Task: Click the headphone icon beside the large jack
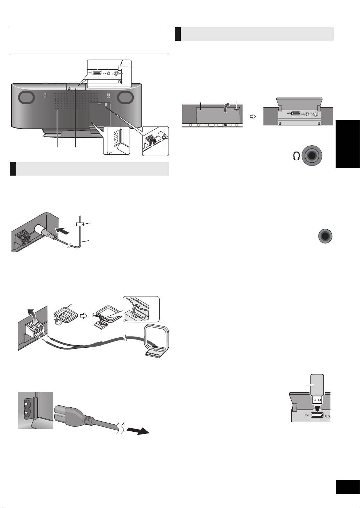pyautogui.click(x=297, y=157)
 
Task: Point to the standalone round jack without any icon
pyautogui.click(x=325, y=236)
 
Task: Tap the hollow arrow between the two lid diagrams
pyautogui.click(x=253, y=117)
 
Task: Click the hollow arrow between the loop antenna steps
pyautogui.click(x=83, y=315)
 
